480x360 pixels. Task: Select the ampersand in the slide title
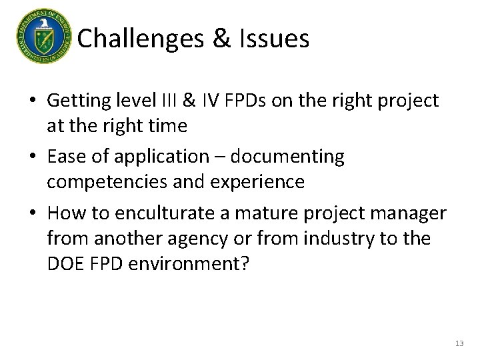221,39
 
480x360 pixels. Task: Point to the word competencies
107,181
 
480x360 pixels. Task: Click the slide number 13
459,343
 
